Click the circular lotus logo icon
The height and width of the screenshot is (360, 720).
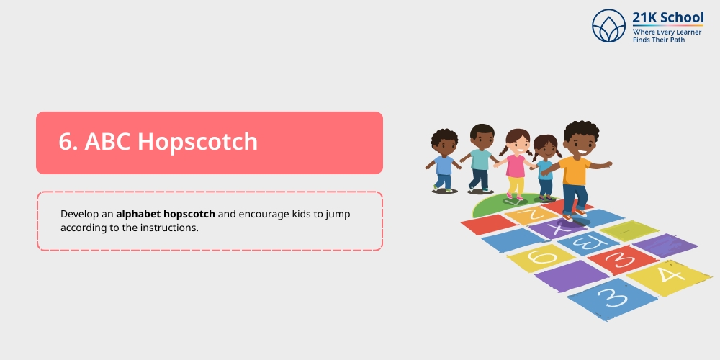click(x=609, y=25)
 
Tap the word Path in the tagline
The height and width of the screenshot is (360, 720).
click(x=675, y=40)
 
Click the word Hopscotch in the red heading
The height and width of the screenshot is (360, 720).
click(x=197, y=142)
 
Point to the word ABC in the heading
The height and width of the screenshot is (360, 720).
click(x=107, y=142)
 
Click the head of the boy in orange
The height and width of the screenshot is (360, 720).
click(x=580, y=138)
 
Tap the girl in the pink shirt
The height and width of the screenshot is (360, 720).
click(x=516, y=164)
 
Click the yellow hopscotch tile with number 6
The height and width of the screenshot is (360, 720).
click(x=541, y=256)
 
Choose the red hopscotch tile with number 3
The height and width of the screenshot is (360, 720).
click(x=612, y=258)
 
